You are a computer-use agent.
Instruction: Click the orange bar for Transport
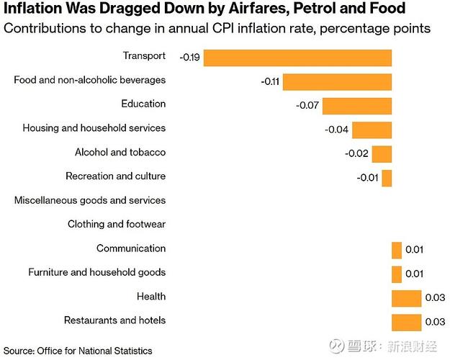pos(297,58)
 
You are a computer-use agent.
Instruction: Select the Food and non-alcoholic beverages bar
pos(337,82)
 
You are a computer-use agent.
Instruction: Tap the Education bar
pos(357,106)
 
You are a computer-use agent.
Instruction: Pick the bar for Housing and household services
pos(372,130)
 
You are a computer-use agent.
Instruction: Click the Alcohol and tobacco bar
pos(382,154)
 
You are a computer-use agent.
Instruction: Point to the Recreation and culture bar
pos(387,179)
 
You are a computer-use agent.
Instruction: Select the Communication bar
pos(397,251)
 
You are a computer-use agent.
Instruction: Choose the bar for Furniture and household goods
pos(397,274)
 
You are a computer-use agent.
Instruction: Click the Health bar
pos(406,299)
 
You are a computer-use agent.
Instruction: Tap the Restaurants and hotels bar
pos(406,323)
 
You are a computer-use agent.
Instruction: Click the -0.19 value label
pos(189,58)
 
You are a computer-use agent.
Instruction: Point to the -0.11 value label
pos(270,82)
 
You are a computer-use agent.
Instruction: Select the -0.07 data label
pos(307,105)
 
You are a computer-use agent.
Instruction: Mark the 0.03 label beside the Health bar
pos(435,297)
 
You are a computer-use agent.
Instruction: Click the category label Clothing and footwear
pos(117,224)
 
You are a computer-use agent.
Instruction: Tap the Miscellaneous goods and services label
pos(90,200)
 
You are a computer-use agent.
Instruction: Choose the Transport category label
pos(144,55)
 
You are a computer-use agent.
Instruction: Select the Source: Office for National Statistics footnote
pos(78,351)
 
